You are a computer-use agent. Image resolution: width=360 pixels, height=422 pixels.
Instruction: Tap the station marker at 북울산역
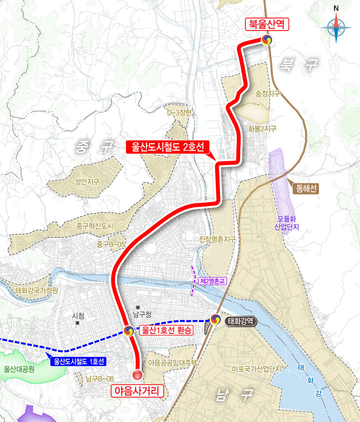pos(266,40)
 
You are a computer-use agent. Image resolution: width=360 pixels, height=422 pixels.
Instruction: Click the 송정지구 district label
pos(267,94)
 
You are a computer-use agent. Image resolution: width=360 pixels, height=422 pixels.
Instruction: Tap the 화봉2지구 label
pos(262,129)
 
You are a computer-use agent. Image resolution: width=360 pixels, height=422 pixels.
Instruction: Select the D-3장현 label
pos(179,113)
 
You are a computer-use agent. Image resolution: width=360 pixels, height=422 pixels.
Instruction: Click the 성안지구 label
pos(87,182)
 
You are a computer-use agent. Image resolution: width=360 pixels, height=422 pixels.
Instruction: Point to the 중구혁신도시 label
pos(95,226)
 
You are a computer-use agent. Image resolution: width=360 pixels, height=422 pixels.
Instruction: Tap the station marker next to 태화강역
pos(215,319)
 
